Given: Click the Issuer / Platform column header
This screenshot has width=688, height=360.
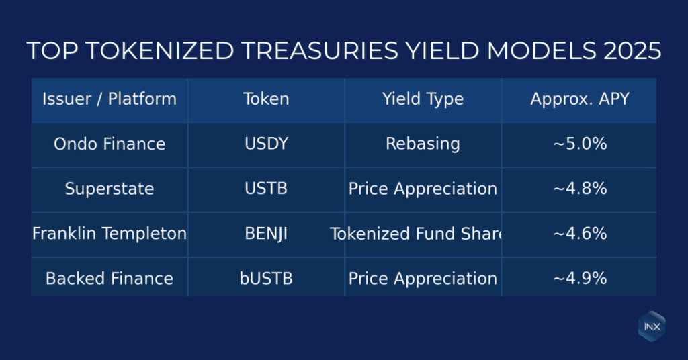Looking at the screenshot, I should coord(110,99).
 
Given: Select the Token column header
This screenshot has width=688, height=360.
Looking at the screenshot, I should coord(266,99).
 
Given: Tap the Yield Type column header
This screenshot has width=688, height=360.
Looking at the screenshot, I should coord(423,99).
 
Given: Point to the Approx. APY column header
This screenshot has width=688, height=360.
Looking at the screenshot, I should coord(579,99).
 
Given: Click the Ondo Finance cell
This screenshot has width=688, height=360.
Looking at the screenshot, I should coord(110,144).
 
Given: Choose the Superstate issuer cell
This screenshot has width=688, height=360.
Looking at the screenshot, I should coord(110,189).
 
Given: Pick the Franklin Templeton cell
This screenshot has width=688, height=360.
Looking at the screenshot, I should coord(110,234).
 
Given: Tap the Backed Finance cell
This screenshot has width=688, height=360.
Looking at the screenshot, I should coord(110,278).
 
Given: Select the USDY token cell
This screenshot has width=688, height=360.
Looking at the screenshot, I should coord(266,144).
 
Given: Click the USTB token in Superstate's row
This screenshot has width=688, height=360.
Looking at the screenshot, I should coord(266,189).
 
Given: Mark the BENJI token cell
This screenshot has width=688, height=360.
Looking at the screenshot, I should coord(266,234).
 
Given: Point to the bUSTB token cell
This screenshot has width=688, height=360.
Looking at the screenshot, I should coord(266,278).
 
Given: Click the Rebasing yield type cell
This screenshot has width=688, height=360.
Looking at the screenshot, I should coord(423,144).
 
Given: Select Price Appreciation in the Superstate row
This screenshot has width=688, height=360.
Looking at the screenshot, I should coord(423,189).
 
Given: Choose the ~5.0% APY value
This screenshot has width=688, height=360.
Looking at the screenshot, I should coord(579,144).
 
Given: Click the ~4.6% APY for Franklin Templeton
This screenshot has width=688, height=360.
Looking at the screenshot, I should coord(579,234).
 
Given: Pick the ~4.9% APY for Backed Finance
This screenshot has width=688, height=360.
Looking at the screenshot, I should coord(579,278).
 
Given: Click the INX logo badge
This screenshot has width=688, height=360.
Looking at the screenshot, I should coord(651,326).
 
